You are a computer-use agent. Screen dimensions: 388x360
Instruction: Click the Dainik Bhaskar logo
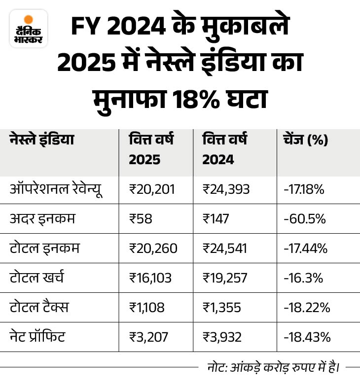pyautogui.click(x=28, y=28)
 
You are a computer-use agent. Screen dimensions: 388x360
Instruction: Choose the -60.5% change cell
pyautogui.click(x=304, y=218)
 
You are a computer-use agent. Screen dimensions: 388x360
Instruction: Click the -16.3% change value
pyautogui.click(x=303, y=278)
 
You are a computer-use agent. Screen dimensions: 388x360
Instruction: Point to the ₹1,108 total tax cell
pyautogui.click(x=146, y=307)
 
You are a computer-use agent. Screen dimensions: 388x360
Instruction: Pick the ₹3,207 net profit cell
pyautogui.click(x=148, y=337)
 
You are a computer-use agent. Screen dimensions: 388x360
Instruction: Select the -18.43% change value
pyautogui.click(x=306, y=337)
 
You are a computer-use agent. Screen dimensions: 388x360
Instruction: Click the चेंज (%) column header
pyautogui.click(x=305, y=140)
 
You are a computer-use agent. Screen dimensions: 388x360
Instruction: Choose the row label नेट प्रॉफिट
pyautogui.click(x=37, y=337)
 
